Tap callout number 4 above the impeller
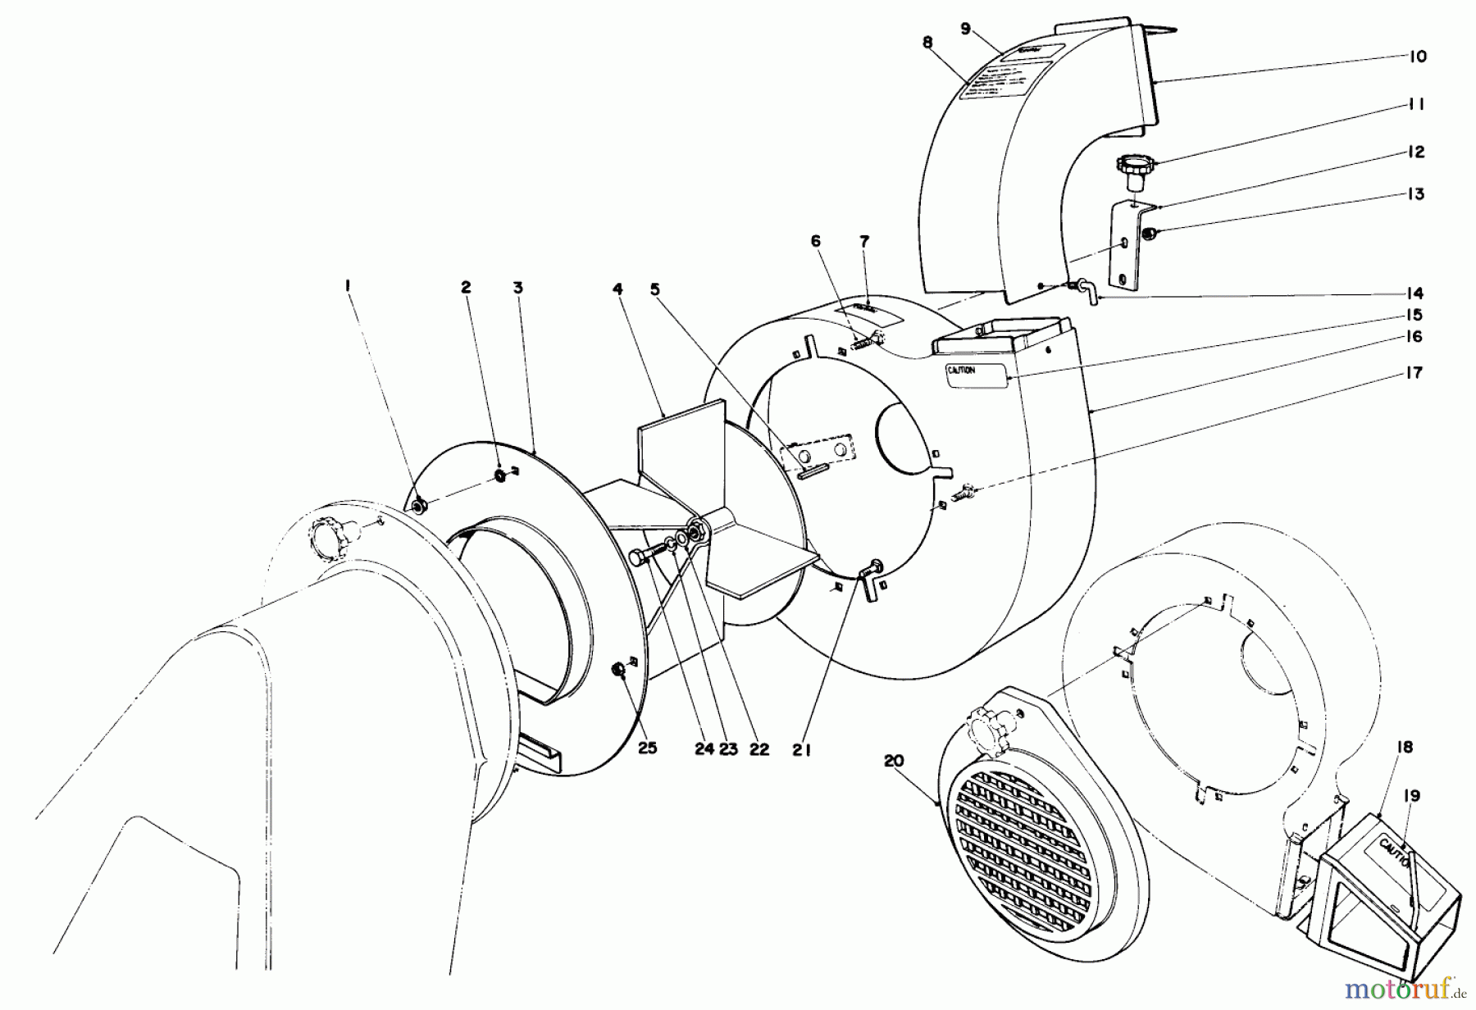coord(617,289)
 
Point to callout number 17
coord(1414,374)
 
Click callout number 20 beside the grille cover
coord(894,761)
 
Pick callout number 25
coord(647,748)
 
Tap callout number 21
coord(801,749)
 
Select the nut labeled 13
coord(1150,234)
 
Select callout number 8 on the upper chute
coord(927,43)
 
